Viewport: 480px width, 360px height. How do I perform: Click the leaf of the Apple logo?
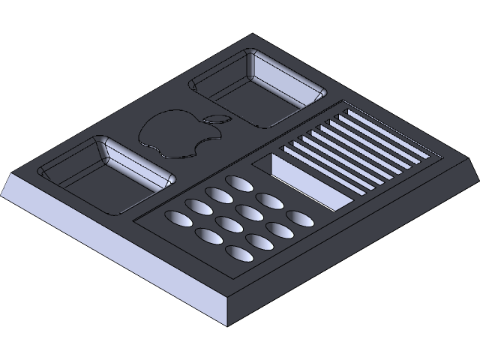(216, 118)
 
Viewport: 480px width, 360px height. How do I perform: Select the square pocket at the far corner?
(259, 88)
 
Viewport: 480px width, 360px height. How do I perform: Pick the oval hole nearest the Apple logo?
(238, 182)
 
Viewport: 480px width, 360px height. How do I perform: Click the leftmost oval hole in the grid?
(179, 218)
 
